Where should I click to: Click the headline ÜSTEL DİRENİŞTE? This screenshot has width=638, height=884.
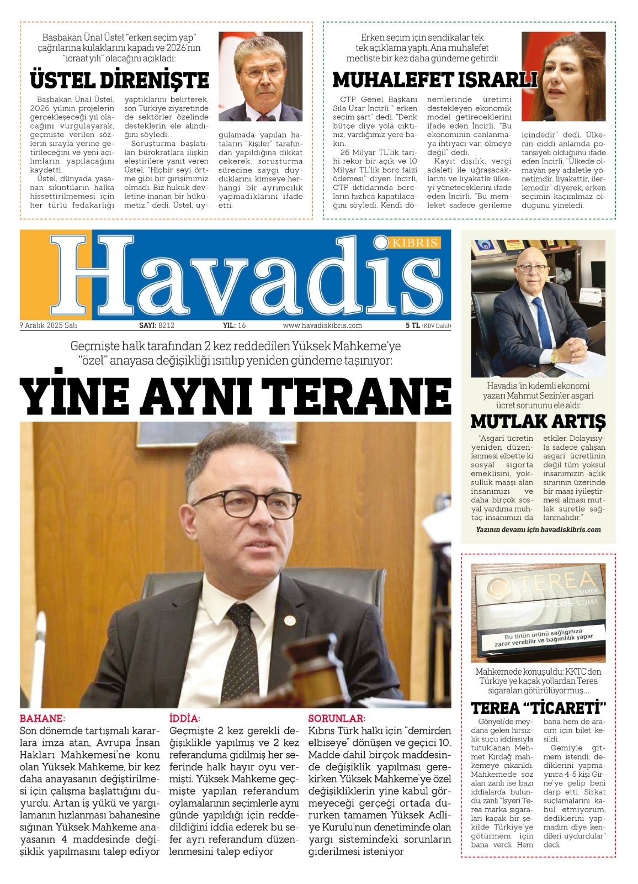(119, 81)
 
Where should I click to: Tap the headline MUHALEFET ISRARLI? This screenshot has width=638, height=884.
(435, 81)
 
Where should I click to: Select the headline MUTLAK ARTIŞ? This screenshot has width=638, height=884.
(538, 422)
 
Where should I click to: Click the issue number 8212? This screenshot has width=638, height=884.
(167, 325)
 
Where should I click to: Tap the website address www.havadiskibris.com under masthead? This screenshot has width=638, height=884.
(322, 325)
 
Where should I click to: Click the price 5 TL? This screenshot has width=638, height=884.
(412, 325)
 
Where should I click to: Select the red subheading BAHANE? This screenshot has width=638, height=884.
(42, 719)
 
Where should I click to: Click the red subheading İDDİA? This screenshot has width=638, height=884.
(184, 719)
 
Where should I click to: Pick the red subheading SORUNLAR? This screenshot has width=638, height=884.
(337, 719)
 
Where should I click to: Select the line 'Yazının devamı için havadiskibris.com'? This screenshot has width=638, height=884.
(538, 529)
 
